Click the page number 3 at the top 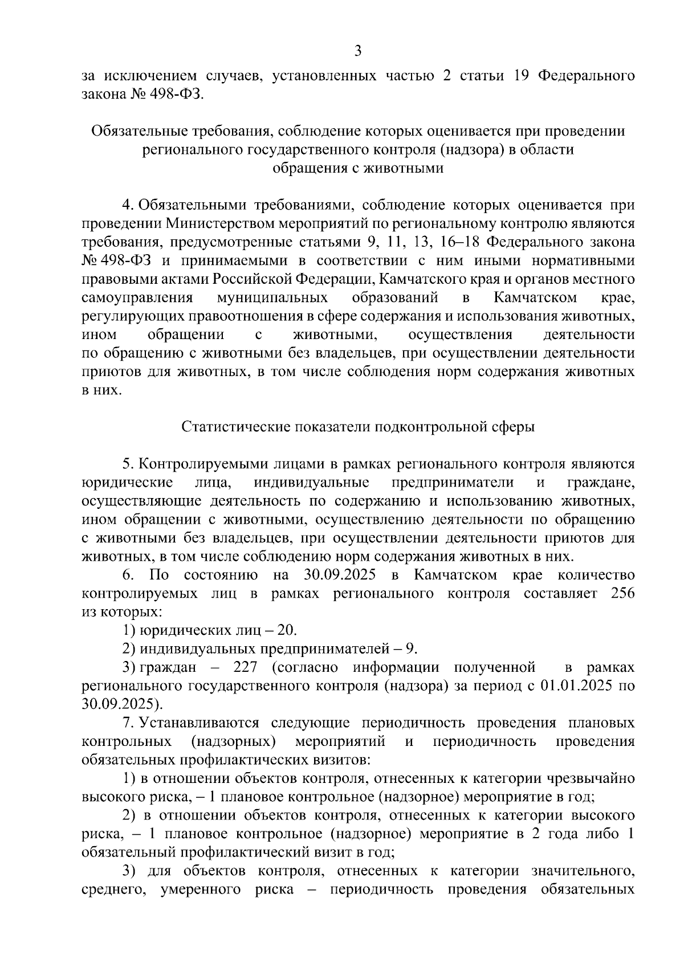pyautogui.click(x=357, y=51)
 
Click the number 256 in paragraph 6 pyautogui.click(x=622, y=593)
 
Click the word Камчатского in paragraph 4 pyautogui.click(x=426, y=279)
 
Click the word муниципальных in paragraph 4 pyautogui.click(x=272, y=297)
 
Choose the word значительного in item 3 pyautogui.click(x=582, y=871)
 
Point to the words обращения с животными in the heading pyautogui.click(x=358, y=168)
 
